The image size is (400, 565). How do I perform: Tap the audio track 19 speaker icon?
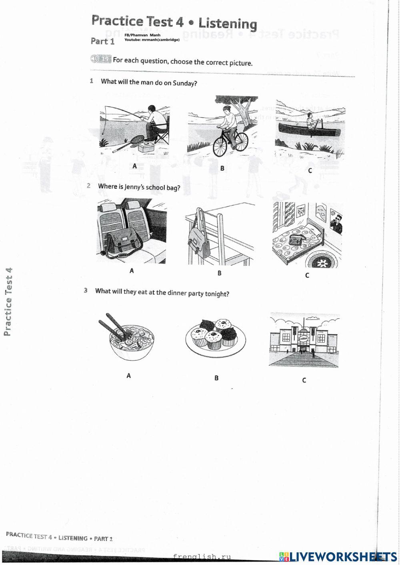click(x=95, y=59)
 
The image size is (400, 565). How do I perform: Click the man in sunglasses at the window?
click(x=337, y=224)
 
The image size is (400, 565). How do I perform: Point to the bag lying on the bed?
click(x=296, y=240)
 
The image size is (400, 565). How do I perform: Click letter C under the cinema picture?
click(x=304, y=380)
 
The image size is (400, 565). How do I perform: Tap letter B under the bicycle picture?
click(x=222, y=168)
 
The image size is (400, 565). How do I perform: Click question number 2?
click(x=89, y=186)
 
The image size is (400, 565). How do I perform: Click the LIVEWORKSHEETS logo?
click(x=338, y=556)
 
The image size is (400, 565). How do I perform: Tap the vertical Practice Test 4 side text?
click(x=8, y=302)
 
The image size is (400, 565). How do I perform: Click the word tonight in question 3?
click(x=217, y=294)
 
